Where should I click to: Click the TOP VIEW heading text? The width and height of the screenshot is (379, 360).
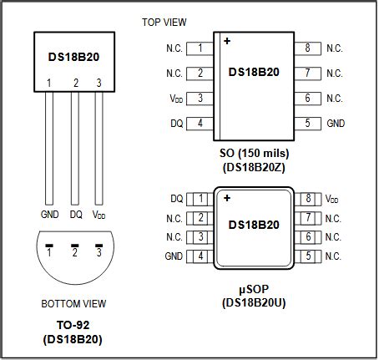tap(164, 21)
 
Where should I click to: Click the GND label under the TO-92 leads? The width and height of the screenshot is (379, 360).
tap(50, 214)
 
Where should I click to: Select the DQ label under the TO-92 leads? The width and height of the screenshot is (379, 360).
tap(75, 214)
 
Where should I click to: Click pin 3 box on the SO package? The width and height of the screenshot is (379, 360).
tap(200, 99)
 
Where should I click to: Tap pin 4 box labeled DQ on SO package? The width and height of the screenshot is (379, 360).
tap(200, 124)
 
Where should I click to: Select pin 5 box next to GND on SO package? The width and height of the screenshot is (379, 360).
tap(308, 124)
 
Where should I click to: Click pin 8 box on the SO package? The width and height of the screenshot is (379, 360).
tap(308, 48)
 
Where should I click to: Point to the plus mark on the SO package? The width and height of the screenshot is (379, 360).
tap(226, 41)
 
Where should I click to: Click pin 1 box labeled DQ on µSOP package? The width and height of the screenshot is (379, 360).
tap(200, 199)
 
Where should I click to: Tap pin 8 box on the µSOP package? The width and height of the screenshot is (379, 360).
tap(308, 199)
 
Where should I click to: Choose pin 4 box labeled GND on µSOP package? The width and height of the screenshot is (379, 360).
tap(200, 256)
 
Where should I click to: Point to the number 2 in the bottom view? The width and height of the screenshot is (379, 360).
tap(75, 251)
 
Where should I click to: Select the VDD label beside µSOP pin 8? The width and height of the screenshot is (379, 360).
tap(332, 199)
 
